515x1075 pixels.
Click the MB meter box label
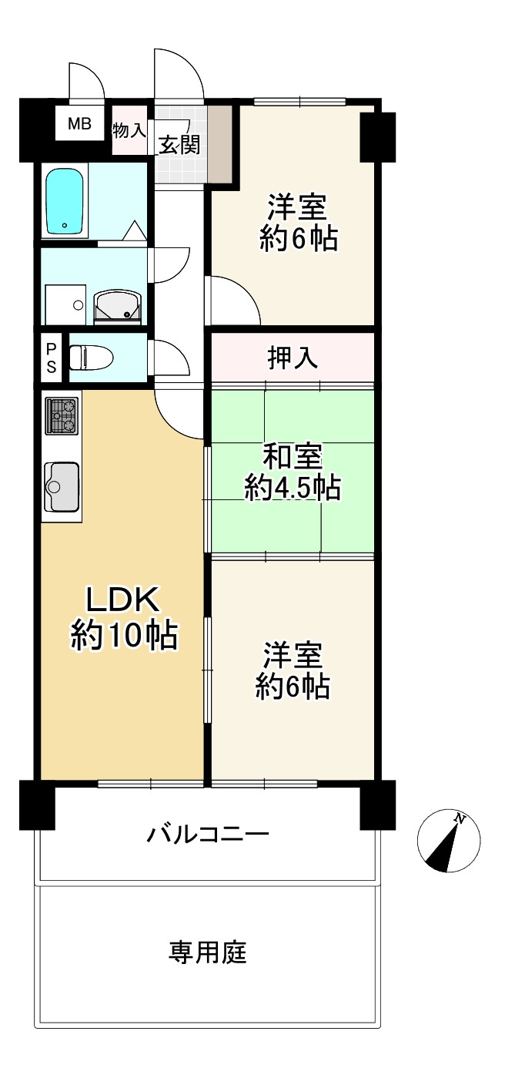tap(79, 124)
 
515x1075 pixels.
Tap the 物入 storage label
tap(129, 129)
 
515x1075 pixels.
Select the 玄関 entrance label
tap(179, 144)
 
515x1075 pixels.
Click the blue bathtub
tap(66, 202)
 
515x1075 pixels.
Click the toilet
tap(91, 358)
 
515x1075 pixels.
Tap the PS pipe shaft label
tap(52, 358)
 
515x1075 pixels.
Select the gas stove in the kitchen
tap(62, 416)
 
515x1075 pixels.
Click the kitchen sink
tap(62, 485)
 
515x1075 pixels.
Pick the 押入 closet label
tap(293, 358)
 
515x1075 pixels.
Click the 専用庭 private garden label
tap(208, 953)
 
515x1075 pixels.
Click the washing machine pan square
tap(66, 303)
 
